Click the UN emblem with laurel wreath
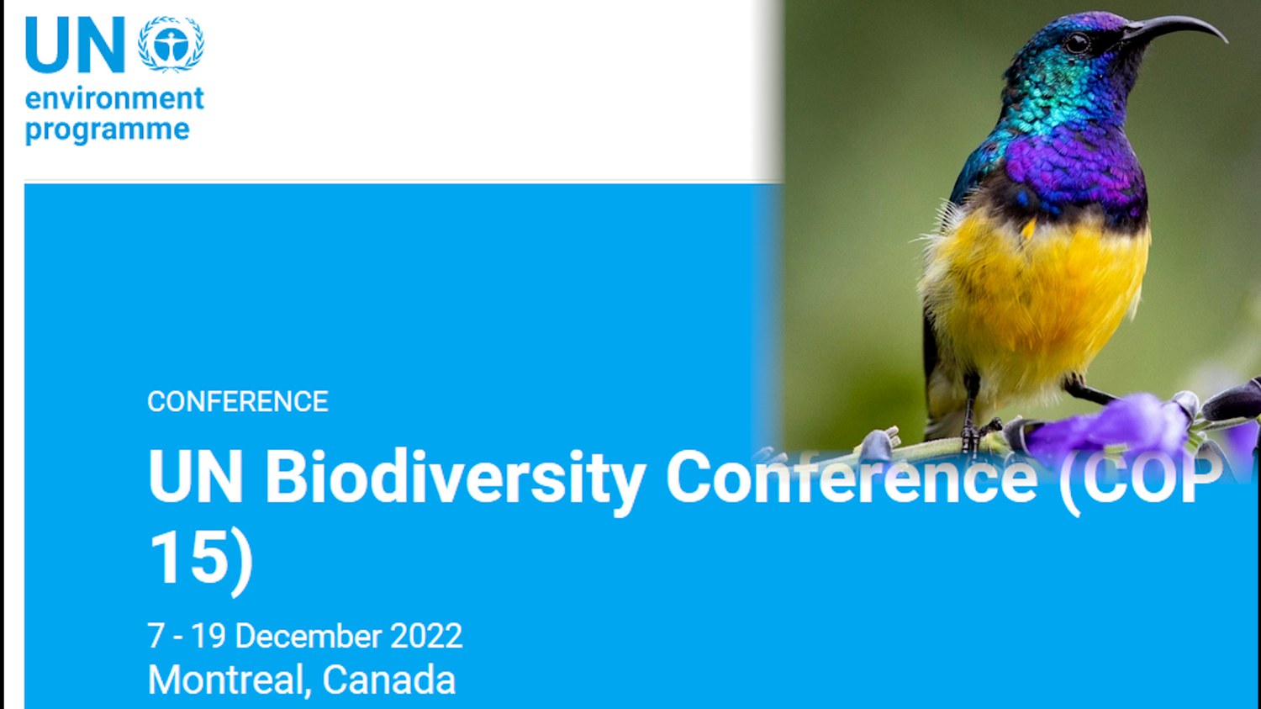tap(171, 44)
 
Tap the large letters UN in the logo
tap(75, 45)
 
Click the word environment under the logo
tap(114, 99)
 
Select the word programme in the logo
tap(108, 130)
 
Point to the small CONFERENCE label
tap(238, 401)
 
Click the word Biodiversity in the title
tap(455, 477)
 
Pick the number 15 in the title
tap(187, 557)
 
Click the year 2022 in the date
tap(426, 636)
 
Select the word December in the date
tap(309, 636)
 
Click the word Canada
tap(388, 680)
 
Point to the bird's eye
tap(1078, 43)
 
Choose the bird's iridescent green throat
tap(1053, 98)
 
